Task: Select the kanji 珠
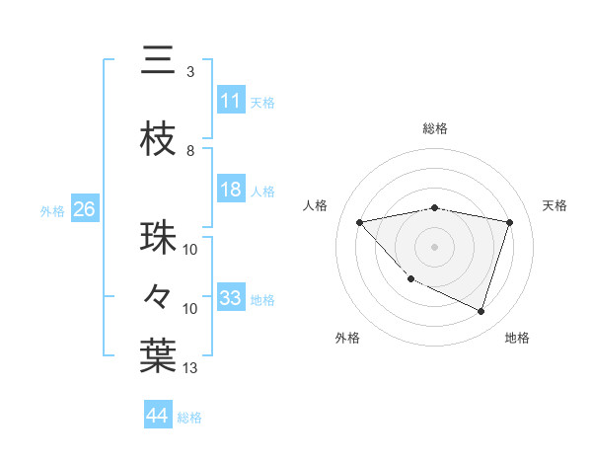[x=159, y=237]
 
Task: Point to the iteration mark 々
[x=159, y=295]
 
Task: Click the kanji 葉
[x=159, y=354]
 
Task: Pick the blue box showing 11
[x=231, y=101]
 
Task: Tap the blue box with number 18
[x=231, y=190]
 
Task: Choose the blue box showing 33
[x=231, y=298]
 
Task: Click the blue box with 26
[x=84, y=209]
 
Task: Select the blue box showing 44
[x=158, y=416]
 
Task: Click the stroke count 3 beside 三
[x=190, y=72]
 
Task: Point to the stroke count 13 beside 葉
[x=190, y=368]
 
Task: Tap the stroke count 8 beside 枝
[x=190, y=151]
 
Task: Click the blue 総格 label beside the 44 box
[x=189, y=418]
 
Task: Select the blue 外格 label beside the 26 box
[x=52, y=210]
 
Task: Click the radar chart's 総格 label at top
[x=434, y=128]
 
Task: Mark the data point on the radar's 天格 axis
[x=509, y=222]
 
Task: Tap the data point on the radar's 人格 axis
[x=360, y=222]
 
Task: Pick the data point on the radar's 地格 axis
[x=481, y=311]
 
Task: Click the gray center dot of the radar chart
[x=434, y=246]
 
